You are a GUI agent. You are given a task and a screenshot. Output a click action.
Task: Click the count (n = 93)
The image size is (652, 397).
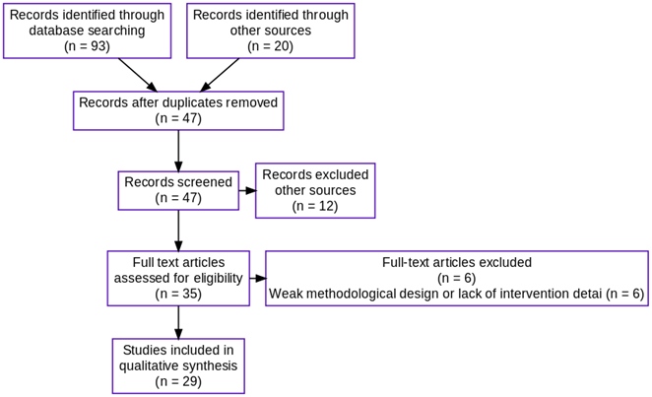87,46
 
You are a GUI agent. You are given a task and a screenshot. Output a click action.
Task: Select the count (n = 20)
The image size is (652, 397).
270,46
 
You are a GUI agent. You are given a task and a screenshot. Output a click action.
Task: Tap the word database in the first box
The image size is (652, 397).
56,31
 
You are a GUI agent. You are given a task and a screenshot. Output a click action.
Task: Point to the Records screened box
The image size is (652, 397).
178,190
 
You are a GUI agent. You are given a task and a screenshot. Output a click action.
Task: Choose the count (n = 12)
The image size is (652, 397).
315,206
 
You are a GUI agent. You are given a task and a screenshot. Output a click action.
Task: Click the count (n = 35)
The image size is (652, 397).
178,294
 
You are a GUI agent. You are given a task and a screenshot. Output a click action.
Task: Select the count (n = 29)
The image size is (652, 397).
178,381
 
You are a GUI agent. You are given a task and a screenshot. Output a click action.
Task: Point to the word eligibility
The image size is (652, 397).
219,278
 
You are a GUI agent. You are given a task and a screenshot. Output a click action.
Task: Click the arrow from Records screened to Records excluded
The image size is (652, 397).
247,190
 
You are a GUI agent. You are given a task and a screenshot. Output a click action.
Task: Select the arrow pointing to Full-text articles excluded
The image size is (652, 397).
258,278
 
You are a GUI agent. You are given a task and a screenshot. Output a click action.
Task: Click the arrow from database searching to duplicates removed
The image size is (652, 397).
138,75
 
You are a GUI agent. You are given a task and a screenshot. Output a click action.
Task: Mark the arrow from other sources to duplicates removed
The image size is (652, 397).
220,75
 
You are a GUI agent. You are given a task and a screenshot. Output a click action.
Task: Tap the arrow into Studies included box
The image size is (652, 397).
178,322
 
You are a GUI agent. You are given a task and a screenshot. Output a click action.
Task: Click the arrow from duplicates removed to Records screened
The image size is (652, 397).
178,151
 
